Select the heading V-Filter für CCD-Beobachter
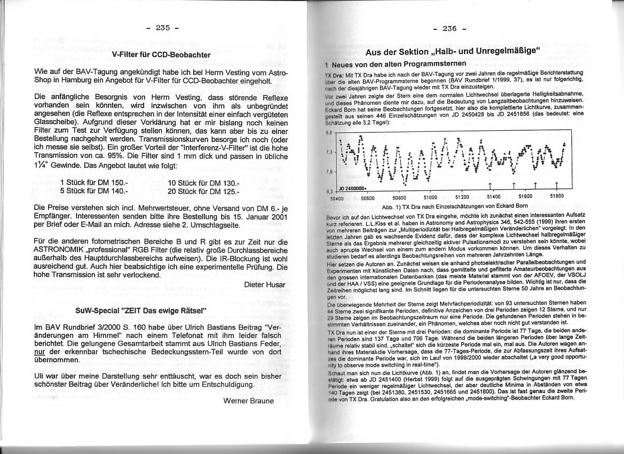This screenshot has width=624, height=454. tap(161, 54)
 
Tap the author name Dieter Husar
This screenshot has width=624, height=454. tap(265, 284)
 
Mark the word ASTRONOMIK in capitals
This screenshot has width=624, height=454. tap(62, 249)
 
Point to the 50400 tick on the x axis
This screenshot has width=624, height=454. tap(337, 197)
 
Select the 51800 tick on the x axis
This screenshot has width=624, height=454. tap(556, 196)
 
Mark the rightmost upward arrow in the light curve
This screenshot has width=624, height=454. tap(557, 185)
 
